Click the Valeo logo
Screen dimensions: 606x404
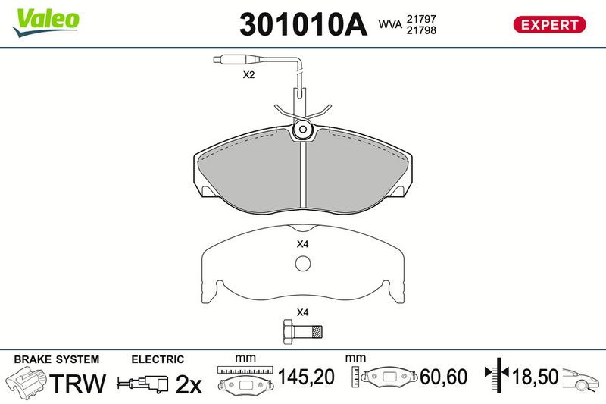(x=46, y=23)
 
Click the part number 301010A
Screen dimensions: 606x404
(x=304, y=24)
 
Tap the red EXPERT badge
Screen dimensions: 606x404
(x=549, y=25)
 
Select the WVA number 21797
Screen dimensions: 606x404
(x=421, y=19)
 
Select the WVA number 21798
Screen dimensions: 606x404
(x=421, y=30)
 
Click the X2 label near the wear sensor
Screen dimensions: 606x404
(x=248, y=74)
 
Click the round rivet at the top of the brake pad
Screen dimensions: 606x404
(x=302, y=129)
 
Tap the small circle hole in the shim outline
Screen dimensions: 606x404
(x=302, y=264)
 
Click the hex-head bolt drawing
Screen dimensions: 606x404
(x=302, y=332)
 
